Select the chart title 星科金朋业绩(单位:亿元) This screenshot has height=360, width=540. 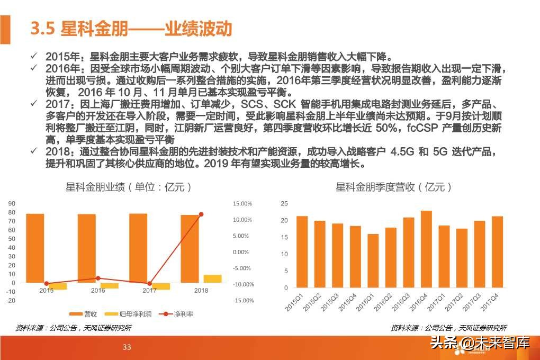pyautogui.click(x=128, y=187)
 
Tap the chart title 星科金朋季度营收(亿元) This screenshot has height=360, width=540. pyautogui.click(x=394, y=187)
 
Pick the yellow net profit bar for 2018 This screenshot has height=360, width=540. pyautogui.click(x=212, y=278)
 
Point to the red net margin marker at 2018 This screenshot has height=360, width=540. pyautogui.click(x=201, y=214)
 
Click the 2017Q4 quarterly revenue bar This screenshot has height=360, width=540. pyautogui.click(x=497, y=251)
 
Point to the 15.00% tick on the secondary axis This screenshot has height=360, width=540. pyautogui.click(x=242, y=204)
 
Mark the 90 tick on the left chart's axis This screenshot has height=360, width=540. pyautogui.click(x=12, y=204)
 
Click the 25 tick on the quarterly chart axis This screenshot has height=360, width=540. pyautogui.click(x=284, y=204)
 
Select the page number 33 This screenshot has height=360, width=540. pyautogui.click(x=127, y=347)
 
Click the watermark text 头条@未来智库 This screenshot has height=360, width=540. pyautogui.click(x=480, y=343)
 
